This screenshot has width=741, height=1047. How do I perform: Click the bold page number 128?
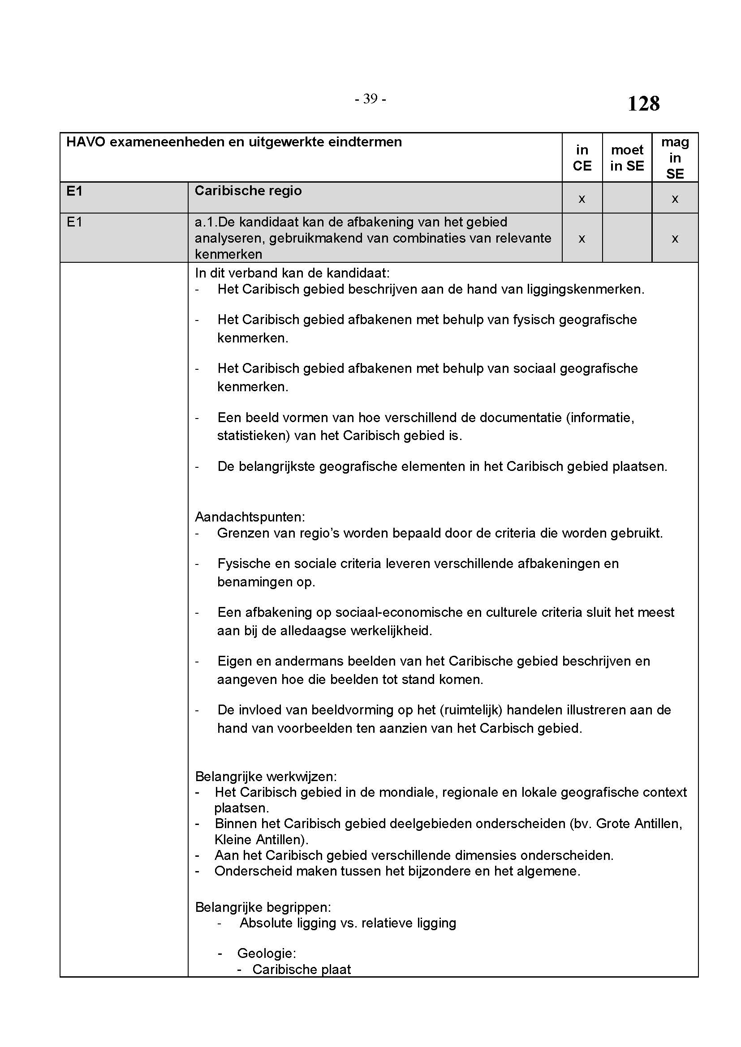[643, 103]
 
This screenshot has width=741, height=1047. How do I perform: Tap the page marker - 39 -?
[370, 99]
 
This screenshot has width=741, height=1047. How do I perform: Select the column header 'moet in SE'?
[627, 158]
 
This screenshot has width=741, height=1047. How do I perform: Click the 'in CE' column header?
[582, 158]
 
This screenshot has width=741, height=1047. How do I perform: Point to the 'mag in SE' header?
[675, 158]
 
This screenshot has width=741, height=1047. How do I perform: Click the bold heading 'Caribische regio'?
[248, 191]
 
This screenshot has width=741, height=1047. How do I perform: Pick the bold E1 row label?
[74, 191]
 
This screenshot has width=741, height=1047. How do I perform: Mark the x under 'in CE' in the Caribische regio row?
[582, 199]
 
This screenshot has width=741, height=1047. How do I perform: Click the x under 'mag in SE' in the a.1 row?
[675, 239]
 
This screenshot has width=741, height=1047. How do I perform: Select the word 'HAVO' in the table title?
[86, 142]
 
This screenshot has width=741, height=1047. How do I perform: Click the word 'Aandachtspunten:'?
[250, 517]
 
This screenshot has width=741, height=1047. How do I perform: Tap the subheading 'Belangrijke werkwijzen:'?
[266, 776]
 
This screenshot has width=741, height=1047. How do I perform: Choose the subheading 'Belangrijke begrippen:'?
[263, 907]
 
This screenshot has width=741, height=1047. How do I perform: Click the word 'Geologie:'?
[267, 953]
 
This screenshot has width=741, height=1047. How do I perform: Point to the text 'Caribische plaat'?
[302, 970]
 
